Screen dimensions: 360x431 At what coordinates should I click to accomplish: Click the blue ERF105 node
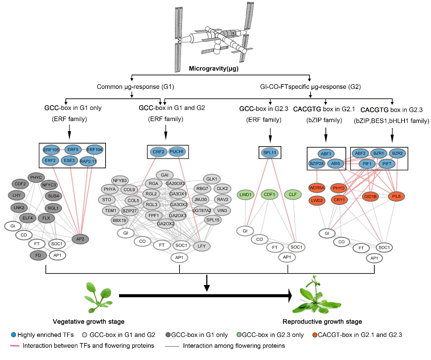tap(51, 150)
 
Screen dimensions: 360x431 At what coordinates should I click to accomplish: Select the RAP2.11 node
tap(88, 161)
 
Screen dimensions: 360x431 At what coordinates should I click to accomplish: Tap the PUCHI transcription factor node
tap(176, 152)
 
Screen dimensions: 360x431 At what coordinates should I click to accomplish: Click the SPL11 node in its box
tap(270, 153)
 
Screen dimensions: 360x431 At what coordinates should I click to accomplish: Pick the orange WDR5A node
tap(317, 188)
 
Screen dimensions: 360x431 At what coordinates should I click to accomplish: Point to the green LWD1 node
tap(245, 195)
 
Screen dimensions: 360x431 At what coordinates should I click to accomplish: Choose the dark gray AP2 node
tap(80, 239)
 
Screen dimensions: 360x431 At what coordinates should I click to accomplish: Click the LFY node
tap(202, 246)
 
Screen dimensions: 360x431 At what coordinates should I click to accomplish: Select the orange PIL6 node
tap(396, 196)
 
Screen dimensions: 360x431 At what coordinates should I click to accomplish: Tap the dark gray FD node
tap(38, 255)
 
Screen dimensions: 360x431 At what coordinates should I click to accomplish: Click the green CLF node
tap(293, 195)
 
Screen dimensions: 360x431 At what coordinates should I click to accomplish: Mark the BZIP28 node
tap(317, 164)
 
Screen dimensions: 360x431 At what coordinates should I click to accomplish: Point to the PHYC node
tap(36, 177)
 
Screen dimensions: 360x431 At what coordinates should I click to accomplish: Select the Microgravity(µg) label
tap(214, 69)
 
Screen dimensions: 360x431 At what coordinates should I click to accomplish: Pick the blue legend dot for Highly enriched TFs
tap(14, 335)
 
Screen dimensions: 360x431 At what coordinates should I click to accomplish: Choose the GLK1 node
tap(212, 179)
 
